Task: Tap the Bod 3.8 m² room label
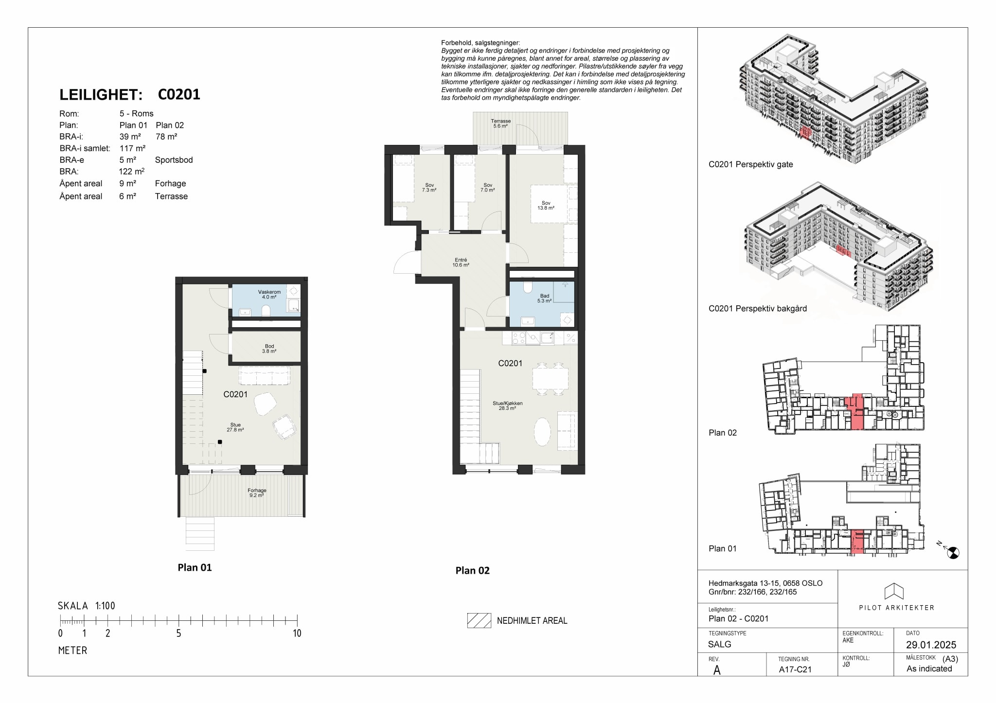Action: point(269,349)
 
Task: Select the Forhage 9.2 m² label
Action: point(257,493)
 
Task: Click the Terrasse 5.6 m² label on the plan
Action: point(500,123)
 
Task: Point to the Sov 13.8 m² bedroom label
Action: point(546,206)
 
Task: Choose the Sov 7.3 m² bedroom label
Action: point(429,188)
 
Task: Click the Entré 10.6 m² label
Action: point(461,263)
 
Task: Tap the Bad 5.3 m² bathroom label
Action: point(545,299)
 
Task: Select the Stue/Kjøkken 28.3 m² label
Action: point(507,406)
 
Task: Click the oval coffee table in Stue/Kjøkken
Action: point(542,432)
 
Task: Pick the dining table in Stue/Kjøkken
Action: point(550,378)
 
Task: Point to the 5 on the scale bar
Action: point(178,633)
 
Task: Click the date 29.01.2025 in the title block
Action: point(931,645)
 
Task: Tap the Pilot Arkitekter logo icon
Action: point(894,591)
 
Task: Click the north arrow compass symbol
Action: point(953,552)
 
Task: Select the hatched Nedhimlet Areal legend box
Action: point(479,620)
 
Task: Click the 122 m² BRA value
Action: point(131,172)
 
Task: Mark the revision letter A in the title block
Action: point(717,670)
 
